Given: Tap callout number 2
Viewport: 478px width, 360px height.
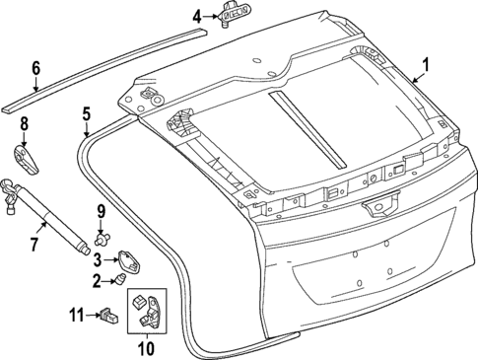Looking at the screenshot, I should [x=98, y=281].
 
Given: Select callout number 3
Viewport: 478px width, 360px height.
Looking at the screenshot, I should [x=98, y=259].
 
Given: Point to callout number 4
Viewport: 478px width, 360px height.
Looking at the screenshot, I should [x=196, y=16].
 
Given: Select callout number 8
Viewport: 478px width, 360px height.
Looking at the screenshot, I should [x=25, y=125].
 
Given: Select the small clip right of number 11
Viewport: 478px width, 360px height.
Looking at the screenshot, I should [x=108, y=316].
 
